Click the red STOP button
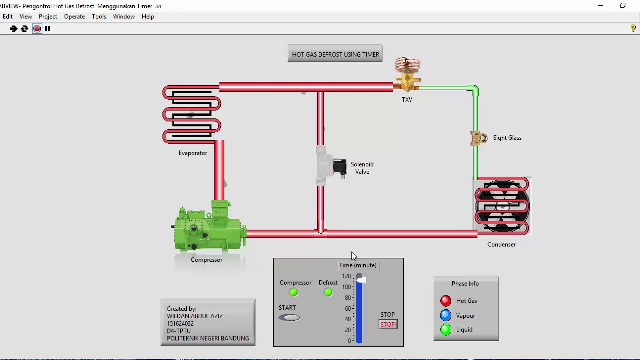[388, 325]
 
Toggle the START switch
[289, 317]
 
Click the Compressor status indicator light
[293, 292]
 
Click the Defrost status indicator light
[328, 292]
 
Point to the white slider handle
[361, 280]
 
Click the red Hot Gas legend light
[445, 301]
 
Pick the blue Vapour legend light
[445, 315]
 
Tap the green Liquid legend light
[445, 330]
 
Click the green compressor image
[210, 227]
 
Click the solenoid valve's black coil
[340, 167]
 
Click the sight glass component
[479, 138]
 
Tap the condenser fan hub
[503, 205]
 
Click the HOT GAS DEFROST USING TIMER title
[335, 54]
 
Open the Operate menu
[74, 17]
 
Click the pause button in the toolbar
[47, 28]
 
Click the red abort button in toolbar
[37, 29]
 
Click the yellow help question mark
[633, 28]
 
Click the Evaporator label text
[193, 153]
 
